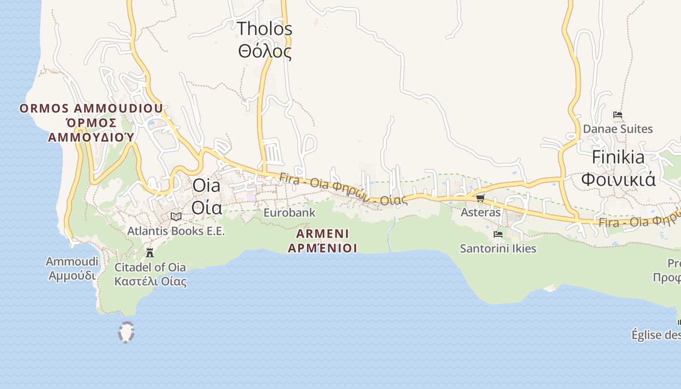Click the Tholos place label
click(x=265, y=29)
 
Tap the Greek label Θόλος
click(x=265, y=51)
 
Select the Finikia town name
click(x=618, y=157)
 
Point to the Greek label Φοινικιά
click(x=618, y=179)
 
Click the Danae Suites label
click(x=618, y=129)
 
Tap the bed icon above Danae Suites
click(x=618, y=115)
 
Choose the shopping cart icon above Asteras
click(x=481, y=198)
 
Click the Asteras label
click(x=481, y=212)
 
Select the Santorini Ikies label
click(x=498, y=248)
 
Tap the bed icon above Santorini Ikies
click(x=498, y=234)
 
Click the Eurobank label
click(x=289, y=212)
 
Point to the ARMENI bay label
click(x=323, y=234)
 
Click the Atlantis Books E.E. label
click(x=176, y=231)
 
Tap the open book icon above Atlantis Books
click(x=176, y=216)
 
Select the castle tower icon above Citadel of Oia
click(x=150, y=253)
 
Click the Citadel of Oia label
click(x=150, y=267)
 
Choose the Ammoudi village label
click(x=72, y=262)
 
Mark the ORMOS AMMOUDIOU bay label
click(x=91, y=108)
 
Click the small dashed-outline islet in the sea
click(x=126, y=333)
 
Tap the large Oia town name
click(x=206, y=185)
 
